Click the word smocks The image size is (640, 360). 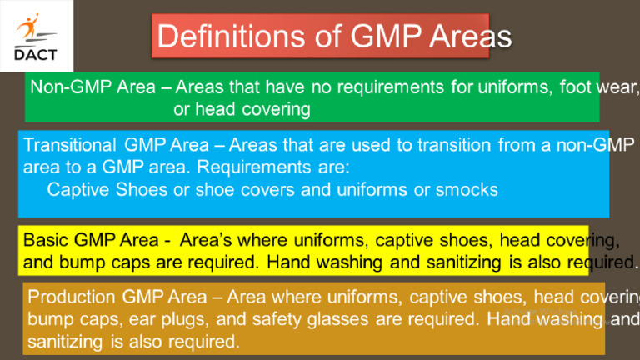coord(467,190)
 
